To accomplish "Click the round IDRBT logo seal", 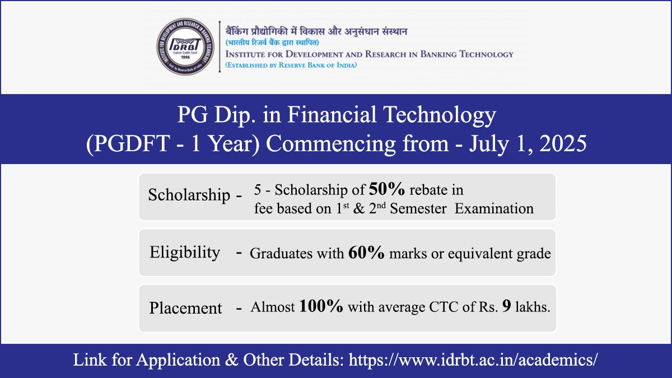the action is pyautogui.click(x=185, y=46).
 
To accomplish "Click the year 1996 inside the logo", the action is pyautogui.click(x=185, y=57).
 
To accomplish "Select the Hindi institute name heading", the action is pyautogui.click(x=316, y=31).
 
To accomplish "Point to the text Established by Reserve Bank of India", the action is pyautogui.click(x=291, y=65).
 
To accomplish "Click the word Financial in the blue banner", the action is pyautogui.click(x=332, y=115).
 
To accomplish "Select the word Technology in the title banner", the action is pyautogui.click(x=440, y=116).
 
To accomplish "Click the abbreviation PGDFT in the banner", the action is pyautogui.click(x=132, y=144).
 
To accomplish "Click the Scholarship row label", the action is pyautogui.click(x=189, y=195).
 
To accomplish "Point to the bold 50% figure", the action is pyautogui.click(x=387, y=189).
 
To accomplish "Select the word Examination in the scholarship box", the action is pyautogui.click(x=494, y=208).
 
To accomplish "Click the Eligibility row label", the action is pyautogui.click(x=185, y=253).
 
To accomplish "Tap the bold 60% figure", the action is pyautogui.click(x=366, y=253).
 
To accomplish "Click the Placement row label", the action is pyautogui.click(x=185, y=308).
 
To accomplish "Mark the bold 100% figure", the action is pyautogui.click(x=321, y=306).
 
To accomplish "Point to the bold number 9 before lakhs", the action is pyautogui.click(x=506, y=306).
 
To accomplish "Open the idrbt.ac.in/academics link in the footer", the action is pyautogui.click(x=473, y=360).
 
